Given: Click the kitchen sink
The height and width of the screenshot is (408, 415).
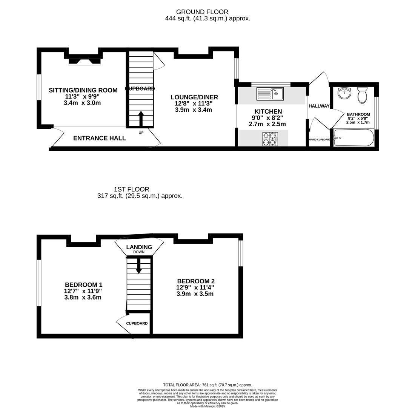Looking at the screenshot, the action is click(270, 94).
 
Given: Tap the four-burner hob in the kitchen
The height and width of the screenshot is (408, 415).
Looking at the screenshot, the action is click(270, 139).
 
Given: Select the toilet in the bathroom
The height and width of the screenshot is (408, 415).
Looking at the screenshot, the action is click(362, 95).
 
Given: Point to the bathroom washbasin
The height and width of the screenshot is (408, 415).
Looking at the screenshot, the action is click(344, 93).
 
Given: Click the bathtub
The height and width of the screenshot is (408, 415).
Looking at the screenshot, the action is click(354, 138).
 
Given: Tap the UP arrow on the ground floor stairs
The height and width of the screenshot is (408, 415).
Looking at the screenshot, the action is click(141, 119).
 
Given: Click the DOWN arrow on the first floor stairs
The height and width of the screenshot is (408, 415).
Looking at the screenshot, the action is click(139, 266).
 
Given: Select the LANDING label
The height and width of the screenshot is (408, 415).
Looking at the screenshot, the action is click(139, 247).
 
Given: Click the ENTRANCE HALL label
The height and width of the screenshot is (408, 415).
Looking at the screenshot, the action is click(100, 138).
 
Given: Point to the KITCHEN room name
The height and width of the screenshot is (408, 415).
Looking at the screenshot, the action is click(268, 111).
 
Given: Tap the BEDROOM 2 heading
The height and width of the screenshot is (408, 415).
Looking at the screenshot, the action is click(196, 281).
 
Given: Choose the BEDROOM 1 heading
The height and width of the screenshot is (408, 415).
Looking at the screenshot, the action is click(84, 285).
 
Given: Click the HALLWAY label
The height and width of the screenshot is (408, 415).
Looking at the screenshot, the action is click(319, 106).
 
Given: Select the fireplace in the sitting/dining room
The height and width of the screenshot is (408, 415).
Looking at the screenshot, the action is click(85, 61).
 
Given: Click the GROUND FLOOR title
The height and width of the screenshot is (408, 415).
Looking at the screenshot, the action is click(202, 12).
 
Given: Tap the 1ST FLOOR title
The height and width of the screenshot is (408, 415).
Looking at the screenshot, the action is click(132, 189).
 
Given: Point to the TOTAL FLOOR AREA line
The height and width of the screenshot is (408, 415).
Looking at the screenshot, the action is click(207, 385).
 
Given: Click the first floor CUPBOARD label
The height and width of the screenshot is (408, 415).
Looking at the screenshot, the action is click(137, 323).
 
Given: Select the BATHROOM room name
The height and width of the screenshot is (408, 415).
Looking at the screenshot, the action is click(358, 114).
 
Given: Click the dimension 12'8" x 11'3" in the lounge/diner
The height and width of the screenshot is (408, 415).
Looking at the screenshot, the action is click(194, 104).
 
